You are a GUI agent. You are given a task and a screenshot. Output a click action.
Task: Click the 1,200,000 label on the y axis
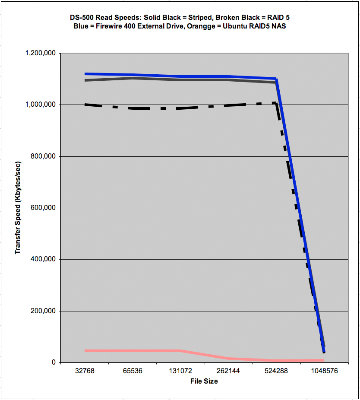[x=41, y=53]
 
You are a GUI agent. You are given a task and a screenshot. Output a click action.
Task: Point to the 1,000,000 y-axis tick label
[x=41, y=105]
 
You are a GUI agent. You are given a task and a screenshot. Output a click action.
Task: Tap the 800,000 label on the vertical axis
[x=43, y=156]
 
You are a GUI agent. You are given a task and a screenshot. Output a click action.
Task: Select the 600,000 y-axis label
[x=43, y=208]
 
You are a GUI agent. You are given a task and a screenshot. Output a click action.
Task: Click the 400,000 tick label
[x=43, y=259]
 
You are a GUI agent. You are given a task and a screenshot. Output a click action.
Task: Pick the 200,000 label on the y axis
[x=43, y=311]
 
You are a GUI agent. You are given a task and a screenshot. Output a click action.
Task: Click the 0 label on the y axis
[x=54, y=362]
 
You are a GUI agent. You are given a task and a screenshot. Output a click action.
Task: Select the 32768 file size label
[x=85, y=371]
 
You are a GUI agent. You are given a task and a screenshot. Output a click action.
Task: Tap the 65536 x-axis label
[x=133, y=371]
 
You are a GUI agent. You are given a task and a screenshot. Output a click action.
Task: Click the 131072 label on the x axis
[x=180, y=371]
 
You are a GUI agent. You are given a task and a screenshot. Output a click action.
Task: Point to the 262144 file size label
[x=228, y=371]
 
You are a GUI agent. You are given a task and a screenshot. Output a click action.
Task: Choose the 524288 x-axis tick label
[x=276, y=371]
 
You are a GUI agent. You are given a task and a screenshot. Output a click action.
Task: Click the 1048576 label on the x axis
[x=324, y=371]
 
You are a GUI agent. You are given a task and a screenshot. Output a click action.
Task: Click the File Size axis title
[x=204, y=381]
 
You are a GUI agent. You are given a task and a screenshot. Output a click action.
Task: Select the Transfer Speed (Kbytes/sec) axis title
[x=18, y=208]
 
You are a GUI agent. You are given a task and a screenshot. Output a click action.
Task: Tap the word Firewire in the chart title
[x=109, y=26]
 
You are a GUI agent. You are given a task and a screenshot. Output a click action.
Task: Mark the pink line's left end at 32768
[x=85, y=351]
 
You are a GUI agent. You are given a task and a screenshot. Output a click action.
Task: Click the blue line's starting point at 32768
[x=85, y=74]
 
